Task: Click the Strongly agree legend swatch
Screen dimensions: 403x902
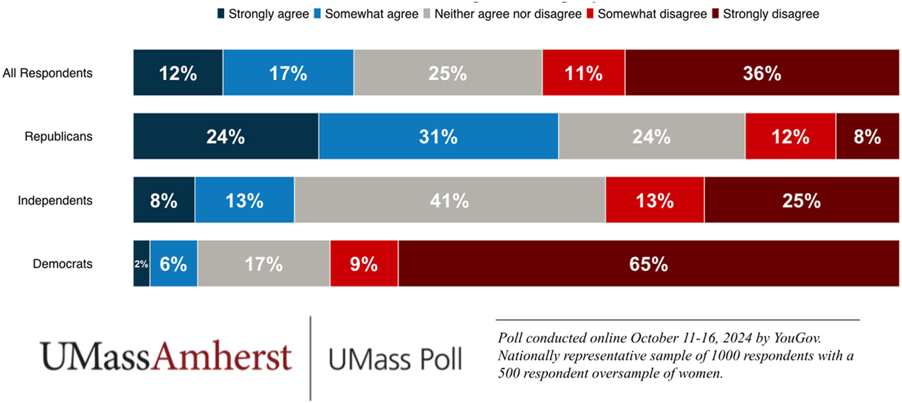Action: (221, 14)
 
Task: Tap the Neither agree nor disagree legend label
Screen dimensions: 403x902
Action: (508, 14)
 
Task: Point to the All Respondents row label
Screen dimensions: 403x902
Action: (48, 73)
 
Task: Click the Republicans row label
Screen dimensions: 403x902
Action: (58, 136)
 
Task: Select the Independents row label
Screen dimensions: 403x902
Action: (55, 201)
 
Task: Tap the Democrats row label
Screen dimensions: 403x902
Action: (62, 264)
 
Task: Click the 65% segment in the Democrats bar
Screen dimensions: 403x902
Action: (649, 264)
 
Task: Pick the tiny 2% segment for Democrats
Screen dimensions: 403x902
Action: (141, 264)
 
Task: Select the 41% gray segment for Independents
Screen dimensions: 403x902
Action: (450, 201)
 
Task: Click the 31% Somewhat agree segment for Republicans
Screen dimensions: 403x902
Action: (439, 136)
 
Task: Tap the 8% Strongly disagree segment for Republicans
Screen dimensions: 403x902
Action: (867, 136)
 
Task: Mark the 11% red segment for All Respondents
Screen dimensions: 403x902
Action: (583, 73)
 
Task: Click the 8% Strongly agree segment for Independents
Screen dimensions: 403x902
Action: (164, 201)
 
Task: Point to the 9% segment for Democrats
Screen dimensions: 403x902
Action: (364, 264)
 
